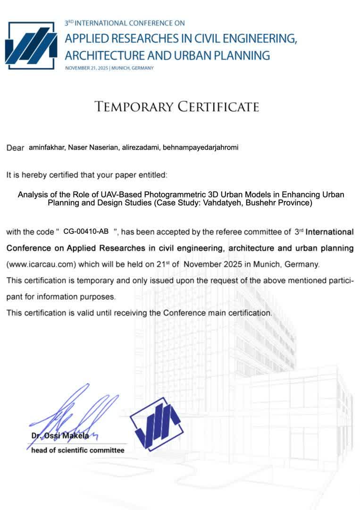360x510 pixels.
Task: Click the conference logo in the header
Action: point(31,46)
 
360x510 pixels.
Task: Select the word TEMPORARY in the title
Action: point(133,106)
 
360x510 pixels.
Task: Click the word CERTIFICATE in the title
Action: point(218,106)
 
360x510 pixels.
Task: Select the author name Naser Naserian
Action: point(88,147)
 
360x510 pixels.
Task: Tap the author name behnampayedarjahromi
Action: point(201,147)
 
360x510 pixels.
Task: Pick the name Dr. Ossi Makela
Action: point(60,436)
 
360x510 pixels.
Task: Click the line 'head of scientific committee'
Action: point(78,450)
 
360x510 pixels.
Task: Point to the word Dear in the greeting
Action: point(15,148)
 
